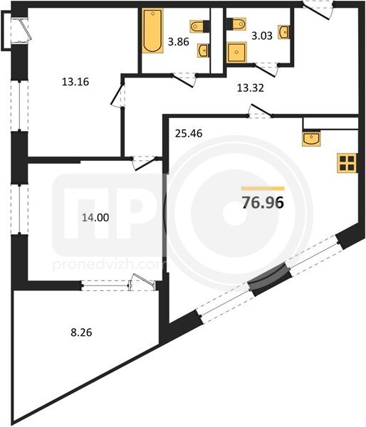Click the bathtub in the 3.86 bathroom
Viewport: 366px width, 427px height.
click(x=152, y=31)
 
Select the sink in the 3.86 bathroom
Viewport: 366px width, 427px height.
click(x=204, y=51)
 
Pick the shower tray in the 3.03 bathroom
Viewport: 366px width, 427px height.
click(x=236, y=52)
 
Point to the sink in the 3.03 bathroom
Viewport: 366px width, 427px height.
click(x=283, y=32)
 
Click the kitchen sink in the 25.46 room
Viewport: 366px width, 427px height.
click(x=311, y=139)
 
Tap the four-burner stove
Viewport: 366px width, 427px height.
click(x=347, y=163)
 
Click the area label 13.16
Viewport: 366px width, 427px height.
click(x=75, y=82)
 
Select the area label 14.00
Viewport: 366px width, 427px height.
click(x=95, y=218)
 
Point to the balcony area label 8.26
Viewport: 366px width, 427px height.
click(x=81, y=332)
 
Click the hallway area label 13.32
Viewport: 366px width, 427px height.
click(x=250, y=88)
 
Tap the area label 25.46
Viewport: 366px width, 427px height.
click(x=189, y=134)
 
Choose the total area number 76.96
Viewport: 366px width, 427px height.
click(x=263, y=202)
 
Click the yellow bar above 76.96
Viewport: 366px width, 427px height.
click(x=263, y=189)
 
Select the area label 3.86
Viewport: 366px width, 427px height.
click(x=179, y=42)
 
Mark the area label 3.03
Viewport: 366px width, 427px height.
click(x=262, y=36)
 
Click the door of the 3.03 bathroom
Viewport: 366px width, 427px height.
click(x=266, y=70)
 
